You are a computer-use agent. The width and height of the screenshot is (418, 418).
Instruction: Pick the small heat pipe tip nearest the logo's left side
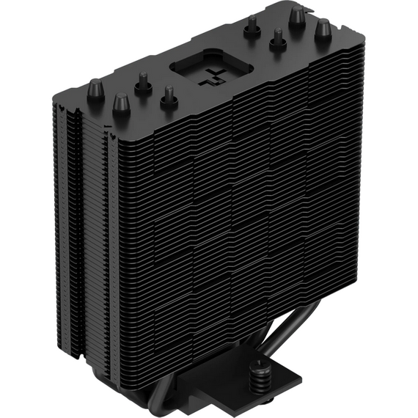[x=169, y=96]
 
